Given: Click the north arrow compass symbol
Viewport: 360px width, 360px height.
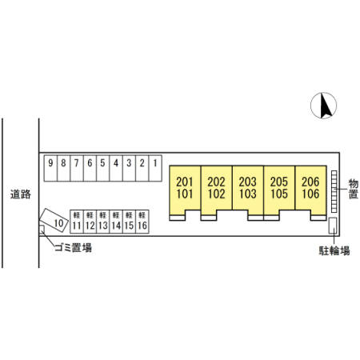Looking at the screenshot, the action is (x=323, y=106).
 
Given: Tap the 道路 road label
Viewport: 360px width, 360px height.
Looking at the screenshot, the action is (x=21, y=194).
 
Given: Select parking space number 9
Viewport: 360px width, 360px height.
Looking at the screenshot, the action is (x=50, y=168).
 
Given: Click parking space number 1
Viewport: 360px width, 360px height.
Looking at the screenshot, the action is (x=155, y=168).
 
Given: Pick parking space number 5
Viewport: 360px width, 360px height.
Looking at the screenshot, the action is (x=103, y=168).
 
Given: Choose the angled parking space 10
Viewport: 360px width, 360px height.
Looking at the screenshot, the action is (x=54, y=220).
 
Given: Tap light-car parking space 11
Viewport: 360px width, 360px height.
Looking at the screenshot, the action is (x=77, y=222).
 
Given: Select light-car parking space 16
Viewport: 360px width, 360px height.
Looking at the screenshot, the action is (x=142, y=222).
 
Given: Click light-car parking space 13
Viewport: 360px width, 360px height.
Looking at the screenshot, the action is (x=102, y=222).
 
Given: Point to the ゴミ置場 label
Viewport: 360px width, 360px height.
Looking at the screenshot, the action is (x=74, y=248).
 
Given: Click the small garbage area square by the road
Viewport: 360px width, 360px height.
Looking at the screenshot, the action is (x=42, y=229).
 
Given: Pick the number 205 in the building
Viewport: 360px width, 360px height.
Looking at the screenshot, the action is (x=279, y=182).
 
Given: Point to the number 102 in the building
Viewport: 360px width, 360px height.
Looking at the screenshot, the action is (x=216, y=194).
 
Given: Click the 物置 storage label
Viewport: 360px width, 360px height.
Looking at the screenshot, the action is (x=354, y=189).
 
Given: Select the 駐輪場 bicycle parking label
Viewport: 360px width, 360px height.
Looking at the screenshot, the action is (x=334, y=250).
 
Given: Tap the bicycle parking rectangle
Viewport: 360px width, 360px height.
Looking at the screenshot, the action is (x=333, y=226).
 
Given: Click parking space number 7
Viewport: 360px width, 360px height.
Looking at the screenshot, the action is (x=77, y=168).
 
